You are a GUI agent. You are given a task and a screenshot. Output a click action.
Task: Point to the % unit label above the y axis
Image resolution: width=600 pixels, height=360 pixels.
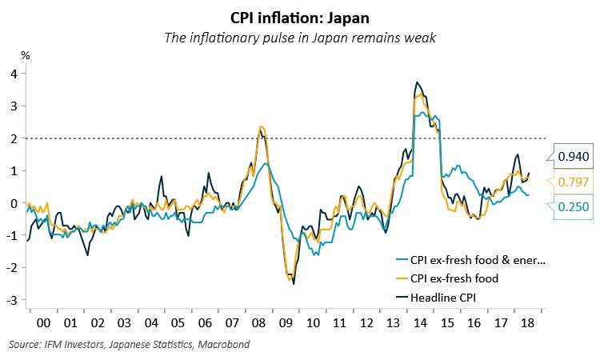[x=25, y=56]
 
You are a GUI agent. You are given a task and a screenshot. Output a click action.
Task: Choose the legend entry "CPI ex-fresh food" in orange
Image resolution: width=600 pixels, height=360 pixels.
[x=454, y=278]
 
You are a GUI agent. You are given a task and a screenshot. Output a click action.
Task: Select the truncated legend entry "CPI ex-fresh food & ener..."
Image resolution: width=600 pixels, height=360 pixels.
[x=476, y=259]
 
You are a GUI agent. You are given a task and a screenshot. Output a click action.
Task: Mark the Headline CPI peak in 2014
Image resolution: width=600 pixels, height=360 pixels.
[x=417, y=82]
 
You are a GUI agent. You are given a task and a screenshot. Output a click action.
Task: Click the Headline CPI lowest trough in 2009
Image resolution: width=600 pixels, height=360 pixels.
[x=294, y=283]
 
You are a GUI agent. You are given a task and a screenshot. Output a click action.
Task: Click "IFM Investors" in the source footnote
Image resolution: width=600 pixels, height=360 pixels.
[x=70, y=346]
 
